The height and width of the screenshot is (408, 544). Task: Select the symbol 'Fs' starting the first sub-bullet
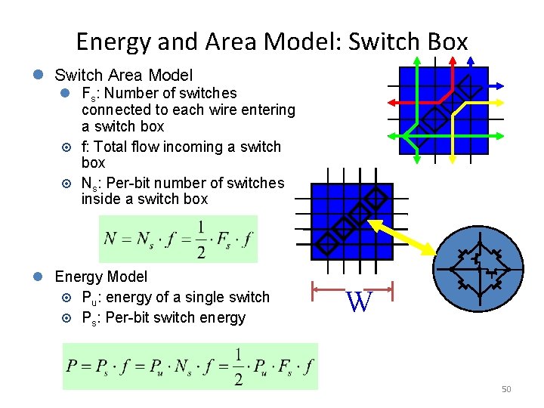[x=88, y=94]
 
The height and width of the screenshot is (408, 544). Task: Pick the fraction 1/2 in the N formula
[x=200, y=240]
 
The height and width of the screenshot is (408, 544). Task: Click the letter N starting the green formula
[x=110, y=240]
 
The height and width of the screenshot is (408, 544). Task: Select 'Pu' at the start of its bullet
[x=88, y=298]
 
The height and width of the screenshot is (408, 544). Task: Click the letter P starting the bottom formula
[x=72, y=366]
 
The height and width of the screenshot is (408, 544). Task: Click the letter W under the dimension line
[x=360, y=303]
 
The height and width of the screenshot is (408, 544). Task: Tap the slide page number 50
[x=506, y=389]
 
